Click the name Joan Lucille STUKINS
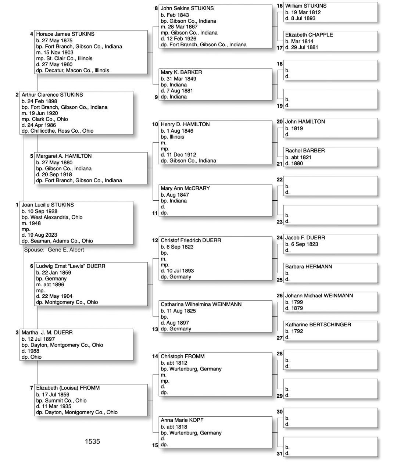click(47, 205)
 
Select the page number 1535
click(92, 441)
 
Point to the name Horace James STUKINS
click(65, 34)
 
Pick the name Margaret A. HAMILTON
click(64, 156)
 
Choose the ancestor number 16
click(280, 6)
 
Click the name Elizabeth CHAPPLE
click(309, 35)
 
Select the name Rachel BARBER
click(305, 151)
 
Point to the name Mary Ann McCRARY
click(185, 188)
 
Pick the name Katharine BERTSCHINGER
click(318, 325)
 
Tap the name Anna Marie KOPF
click(182, 420)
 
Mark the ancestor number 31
click(280, 454)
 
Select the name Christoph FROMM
click(182, 356)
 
